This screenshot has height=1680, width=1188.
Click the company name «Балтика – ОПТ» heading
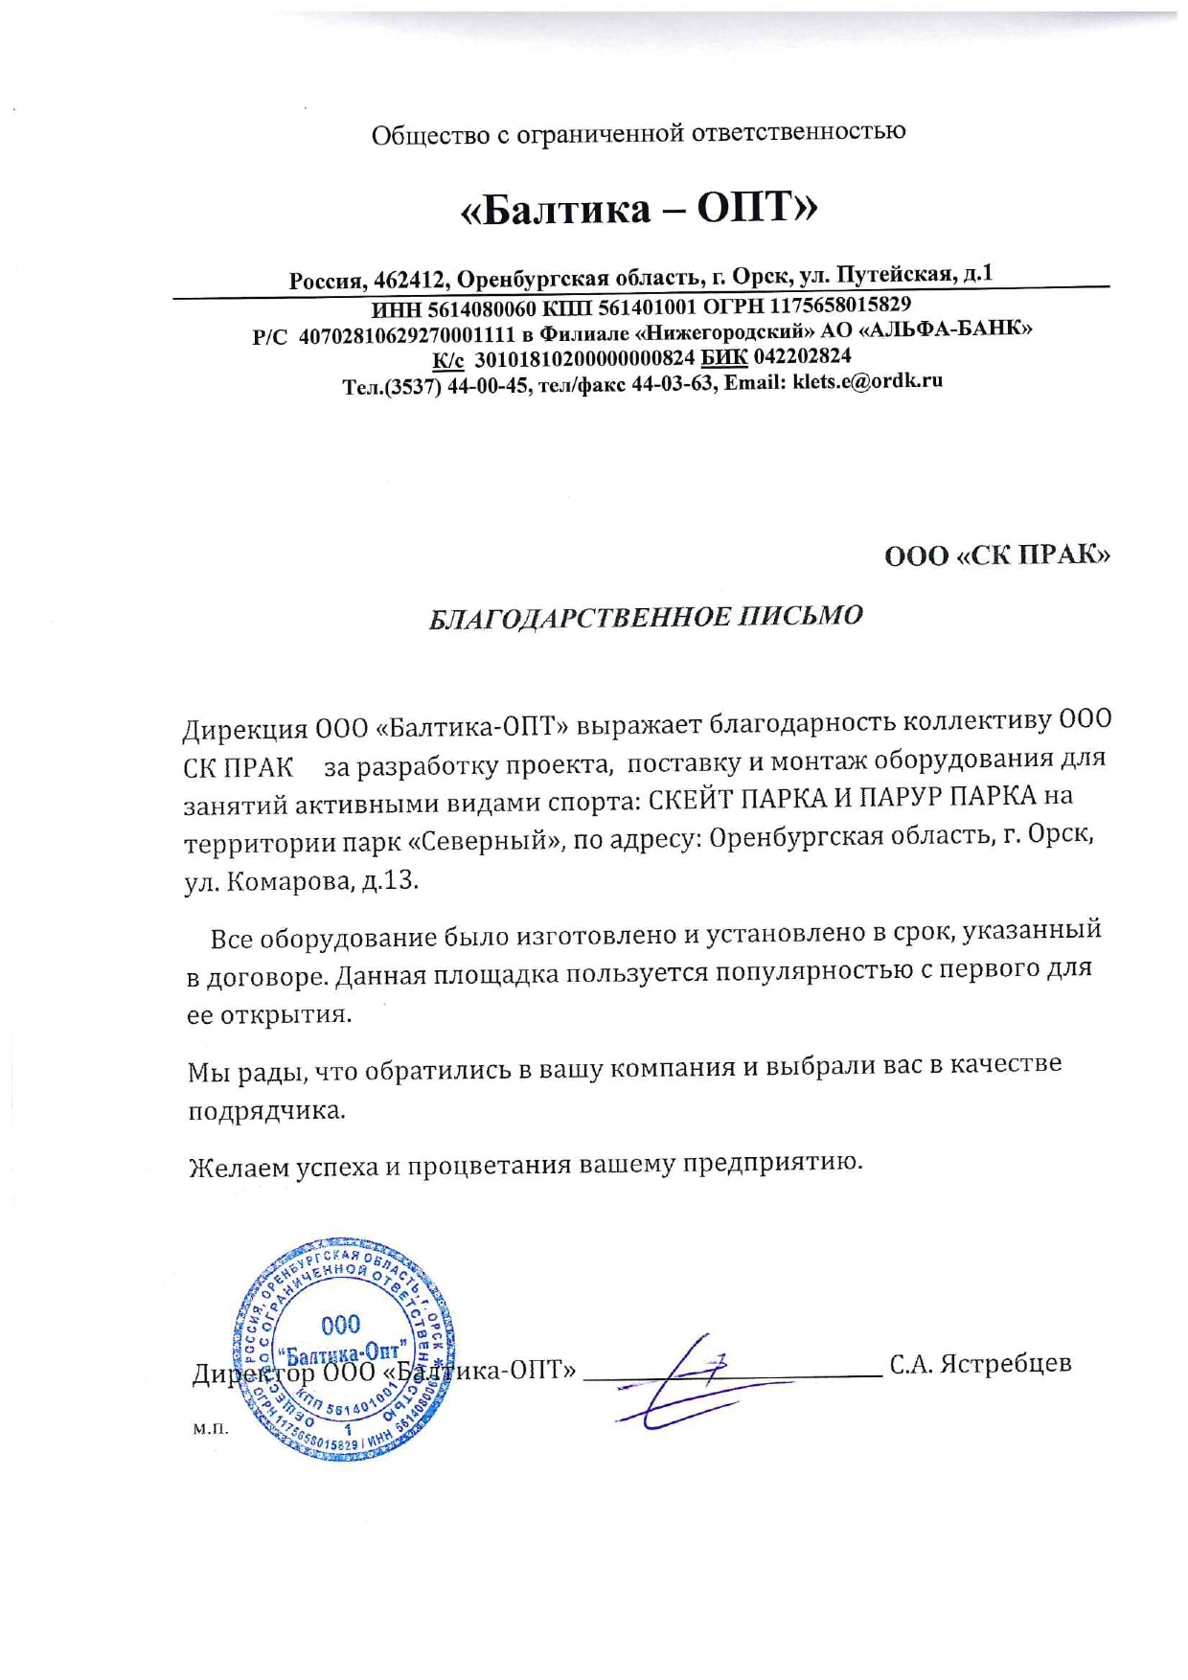pyautogui.click(x=639, y=207)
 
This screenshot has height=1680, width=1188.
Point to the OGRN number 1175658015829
pyautogui.click(x=840, y=305)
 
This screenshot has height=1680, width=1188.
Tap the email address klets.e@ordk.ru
pyautogui.click(x=867, y=381)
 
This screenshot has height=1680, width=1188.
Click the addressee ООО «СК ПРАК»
pyautogui.click(x=996, y=555)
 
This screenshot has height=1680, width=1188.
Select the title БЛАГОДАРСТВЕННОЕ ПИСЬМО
pyautogui.click(x=645, y=616)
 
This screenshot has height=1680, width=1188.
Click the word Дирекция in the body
pyautogui.click(x=244, y=729)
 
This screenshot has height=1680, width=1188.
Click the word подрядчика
pyautogui.click(x=266, y=1110)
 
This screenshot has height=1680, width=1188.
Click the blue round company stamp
pyautogui.click(x=343, y=1350)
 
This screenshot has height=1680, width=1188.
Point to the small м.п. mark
pyautogui.click(x=211, y=1429)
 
